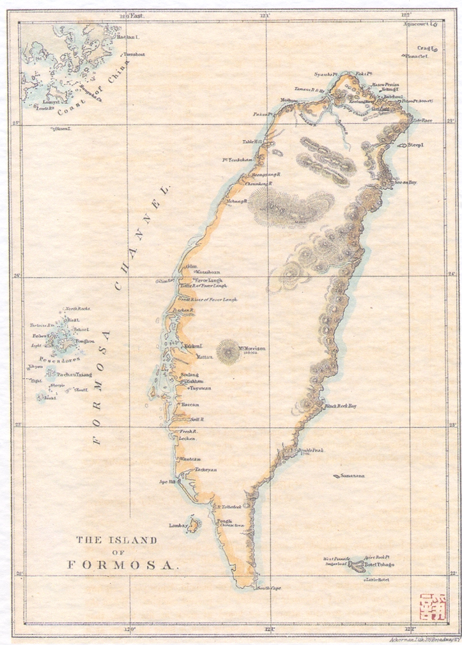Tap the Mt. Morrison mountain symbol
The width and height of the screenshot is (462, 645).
click(227, 351)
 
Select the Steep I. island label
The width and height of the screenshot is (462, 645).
click(416, 146)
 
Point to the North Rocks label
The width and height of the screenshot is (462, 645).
click(78, 309)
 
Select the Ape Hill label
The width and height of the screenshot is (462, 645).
click(176, 482)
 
